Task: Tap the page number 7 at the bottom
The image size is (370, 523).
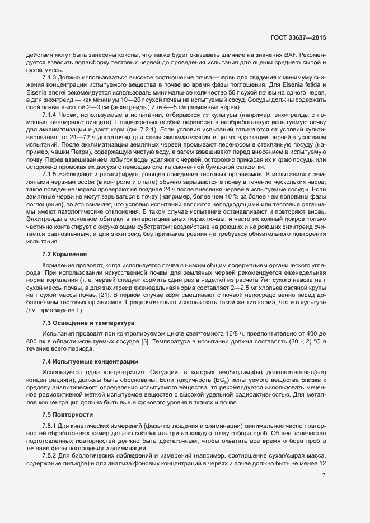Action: click(x=324, y=475)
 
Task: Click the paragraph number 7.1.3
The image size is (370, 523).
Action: click(x=51, y=77)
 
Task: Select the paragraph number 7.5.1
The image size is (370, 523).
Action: click(x=51, y=427)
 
